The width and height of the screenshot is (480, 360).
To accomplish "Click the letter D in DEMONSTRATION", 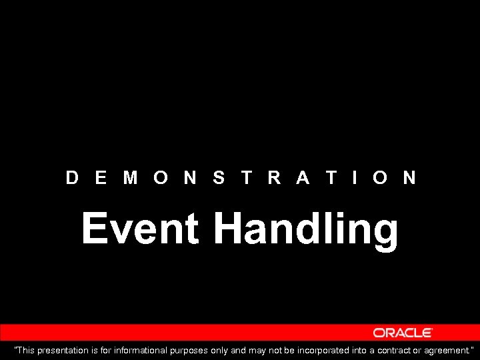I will [73, 177].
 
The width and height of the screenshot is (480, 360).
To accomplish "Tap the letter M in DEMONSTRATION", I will [131, 177].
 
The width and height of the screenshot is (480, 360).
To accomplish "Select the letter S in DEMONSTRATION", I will [219, 177].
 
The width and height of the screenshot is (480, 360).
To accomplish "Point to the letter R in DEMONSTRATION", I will [274, 177].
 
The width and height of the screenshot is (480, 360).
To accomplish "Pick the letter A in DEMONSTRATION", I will [303, 177].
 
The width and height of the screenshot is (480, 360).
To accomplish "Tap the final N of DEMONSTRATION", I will [409, 177].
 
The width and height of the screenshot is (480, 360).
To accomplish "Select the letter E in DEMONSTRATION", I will [101, 177].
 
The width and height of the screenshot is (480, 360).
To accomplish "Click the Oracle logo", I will [403, 333].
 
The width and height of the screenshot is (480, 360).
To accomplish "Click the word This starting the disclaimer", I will [26, 350].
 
